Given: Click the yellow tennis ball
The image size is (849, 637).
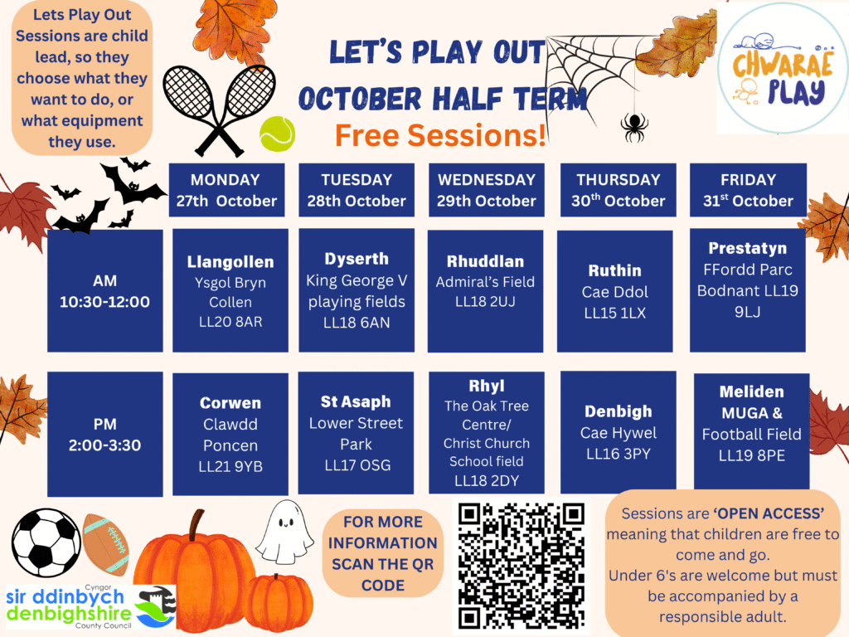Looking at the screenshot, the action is pos(277,134).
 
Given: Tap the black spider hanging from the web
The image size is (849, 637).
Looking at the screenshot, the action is pos(633,127).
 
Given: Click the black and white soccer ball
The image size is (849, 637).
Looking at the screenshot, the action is pos(46,542).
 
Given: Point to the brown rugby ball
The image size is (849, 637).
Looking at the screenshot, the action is pos(105,544).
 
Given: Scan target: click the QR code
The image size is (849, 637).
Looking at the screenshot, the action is pos(521,566).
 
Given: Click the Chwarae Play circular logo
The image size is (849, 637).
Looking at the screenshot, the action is pos(783,68).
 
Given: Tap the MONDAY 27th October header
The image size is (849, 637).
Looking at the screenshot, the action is pos(226,190).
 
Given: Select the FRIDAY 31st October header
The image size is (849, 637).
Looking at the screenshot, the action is pos(748,190).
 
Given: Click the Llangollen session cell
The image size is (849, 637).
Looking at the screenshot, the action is pos(230,291).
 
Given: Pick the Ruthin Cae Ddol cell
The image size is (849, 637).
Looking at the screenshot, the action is pos(614,291).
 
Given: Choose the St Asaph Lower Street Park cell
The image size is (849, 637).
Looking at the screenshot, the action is pos(356,433).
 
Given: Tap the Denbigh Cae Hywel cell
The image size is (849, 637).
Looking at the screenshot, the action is pos(618,432).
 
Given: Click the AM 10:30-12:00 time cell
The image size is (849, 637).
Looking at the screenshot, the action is pos(105,291).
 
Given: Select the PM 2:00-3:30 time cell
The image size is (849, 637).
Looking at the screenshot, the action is pos(105,434).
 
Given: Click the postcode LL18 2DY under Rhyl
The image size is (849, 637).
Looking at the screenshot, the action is pos(486,480).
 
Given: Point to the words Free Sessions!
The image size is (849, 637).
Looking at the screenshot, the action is pos(439,135).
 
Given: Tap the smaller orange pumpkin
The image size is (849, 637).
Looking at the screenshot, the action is pos(278,602).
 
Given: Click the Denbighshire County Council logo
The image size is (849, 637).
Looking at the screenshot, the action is pos(90,606).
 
